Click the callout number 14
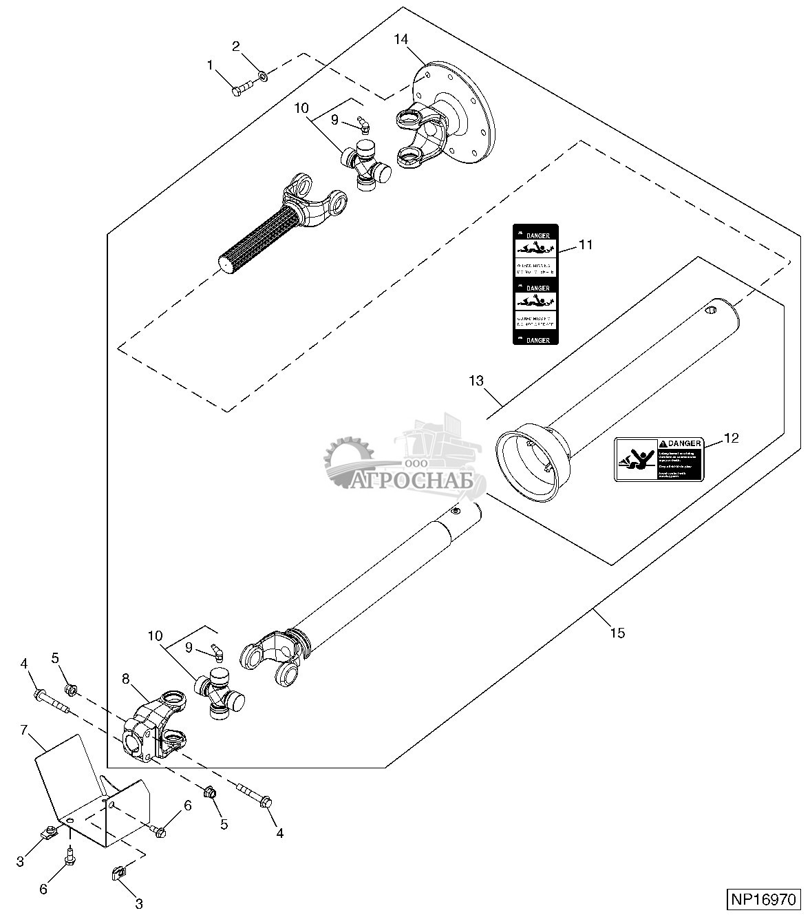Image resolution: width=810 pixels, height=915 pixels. pos(401,39)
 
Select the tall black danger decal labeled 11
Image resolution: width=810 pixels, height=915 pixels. pos(535,284)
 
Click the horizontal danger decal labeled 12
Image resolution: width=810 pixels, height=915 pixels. pos(658,459)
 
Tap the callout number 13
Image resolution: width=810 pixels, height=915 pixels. pos(477,380)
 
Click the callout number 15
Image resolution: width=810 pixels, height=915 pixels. pos(617,632)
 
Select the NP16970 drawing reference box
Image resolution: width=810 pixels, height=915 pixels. pos(763,899)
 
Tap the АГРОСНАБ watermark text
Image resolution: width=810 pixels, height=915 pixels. pos(414,481)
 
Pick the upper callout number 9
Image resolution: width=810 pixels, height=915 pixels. pos(334,119)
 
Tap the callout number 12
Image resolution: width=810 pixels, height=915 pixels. pos(731,438)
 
